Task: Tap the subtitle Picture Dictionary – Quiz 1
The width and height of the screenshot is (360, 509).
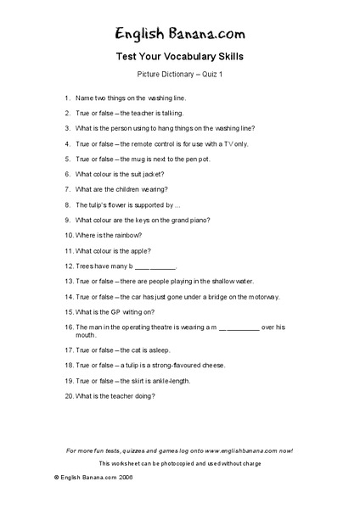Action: click(x=179, y=75)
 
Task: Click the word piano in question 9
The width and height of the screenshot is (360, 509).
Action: click(x=198, y=220)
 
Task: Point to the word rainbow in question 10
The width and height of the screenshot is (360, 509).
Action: click(x=129, y=235)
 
